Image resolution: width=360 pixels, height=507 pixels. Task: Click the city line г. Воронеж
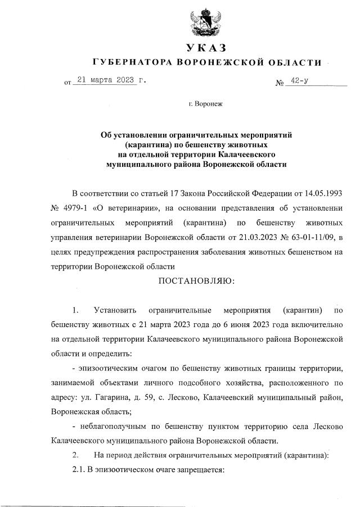[x=206, y=105]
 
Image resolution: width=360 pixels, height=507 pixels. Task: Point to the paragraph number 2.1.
[x=80, y=470]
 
